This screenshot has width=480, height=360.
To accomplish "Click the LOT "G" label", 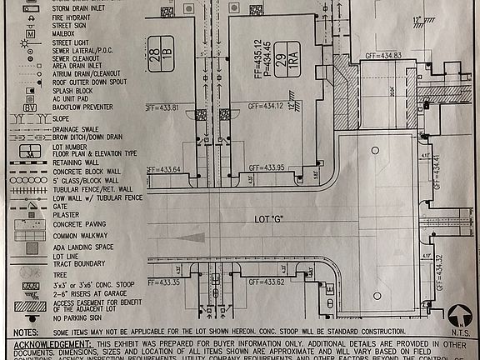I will tap(269, 219).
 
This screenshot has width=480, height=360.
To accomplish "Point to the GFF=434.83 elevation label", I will tap(382, 56).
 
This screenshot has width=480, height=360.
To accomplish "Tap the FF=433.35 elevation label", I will tap(164, 282).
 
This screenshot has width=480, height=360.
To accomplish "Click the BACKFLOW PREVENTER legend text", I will tap(86, 107).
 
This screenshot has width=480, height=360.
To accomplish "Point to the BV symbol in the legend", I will tap(29, 107).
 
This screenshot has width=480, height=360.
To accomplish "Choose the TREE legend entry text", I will tap(61, 273).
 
